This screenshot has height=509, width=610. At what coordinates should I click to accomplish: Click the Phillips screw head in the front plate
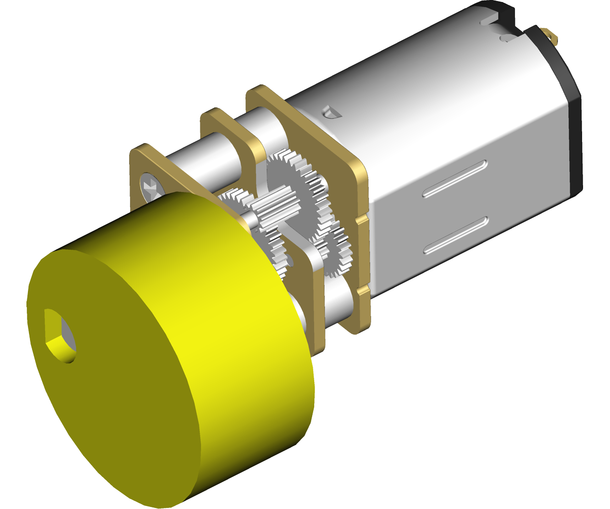tap(150, 186)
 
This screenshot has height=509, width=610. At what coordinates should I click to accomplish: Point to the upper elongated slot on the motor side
tap(455, 178)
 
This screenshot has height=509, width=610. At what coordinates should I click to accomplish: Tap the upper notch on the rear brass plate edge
tap(361, 219)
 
